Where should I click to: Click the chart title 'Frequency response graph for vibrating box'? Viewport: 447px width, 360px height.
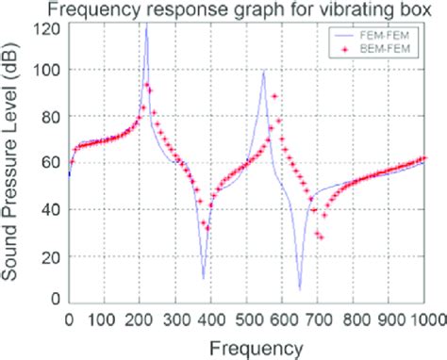[x=250, y=10]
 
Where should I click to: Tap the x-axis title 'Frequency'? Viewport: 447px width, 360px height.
[x=249, y=347]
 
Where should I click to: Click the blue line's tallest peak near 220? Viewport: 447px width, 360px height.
[x=145, y=25]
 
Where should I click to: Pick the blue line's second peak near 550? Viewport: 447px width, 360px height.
[x=264, y=72]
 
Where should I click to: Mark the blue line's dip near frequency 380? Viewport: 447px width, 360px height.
[x=203, y=278]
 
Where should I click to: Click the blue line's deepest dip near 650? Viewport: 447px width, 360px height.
[x=299, y=288]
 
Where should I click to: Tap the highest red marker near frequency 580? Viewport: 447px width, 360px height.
[x=274, y=96]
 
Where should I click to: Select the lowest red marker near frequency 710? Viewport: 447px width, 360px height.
[x=321, y=237]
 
